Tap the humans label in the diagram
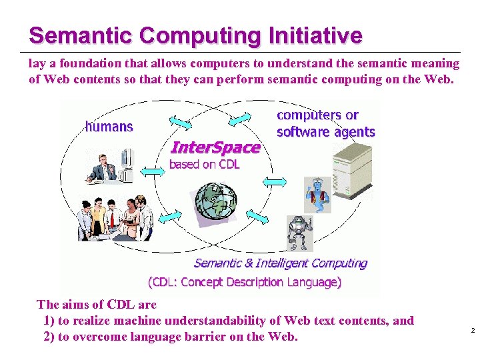click(x=109, y=126)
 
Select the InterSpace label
click(x=215, y=147)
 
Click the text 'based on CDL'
click(x=204, y=165)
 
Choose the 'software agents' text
click(x=325, y=132)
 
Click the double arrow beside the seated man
click(x=153, y=171)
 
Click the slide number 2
click(x=472, y=331)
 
